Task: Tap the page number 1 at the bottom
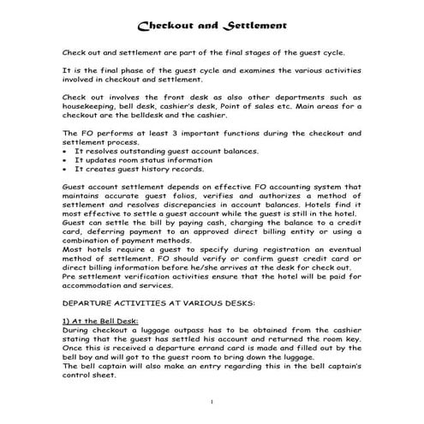[x=211, y=402]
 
